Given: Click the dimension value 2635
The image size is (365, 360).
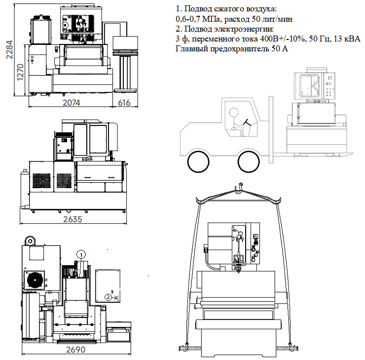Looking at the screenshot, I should (x=73, y=219).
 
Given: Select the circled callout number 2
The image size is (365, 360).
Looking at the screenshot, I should (x=108, y=297).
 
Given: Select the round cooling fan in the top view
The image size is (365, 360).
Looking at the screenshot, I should (x=36, y=280).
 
